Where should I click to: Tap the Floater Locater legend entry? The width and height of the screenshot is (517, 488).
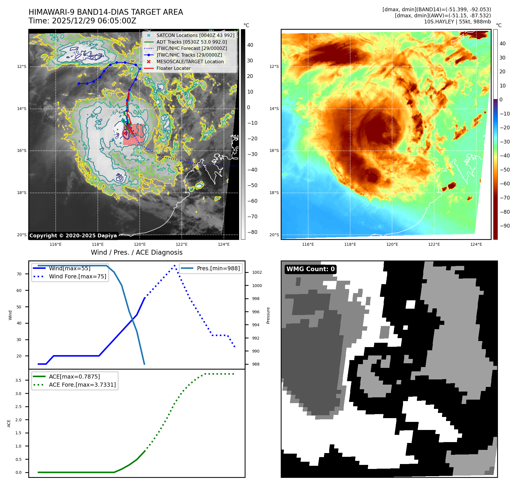[x=173, y=68]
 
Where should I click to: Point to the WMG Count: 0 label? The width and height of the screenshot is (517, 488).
[x=310, y=269]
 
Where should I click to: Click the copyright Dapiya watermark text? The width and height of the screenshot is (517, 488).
[x=73, y=236]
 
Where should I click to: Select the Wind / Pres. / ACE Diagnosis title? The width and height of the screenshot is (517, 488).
[x=136, y=252]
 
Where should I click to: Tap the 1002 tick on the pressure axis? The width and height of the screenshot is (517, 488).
[x=257, y=272]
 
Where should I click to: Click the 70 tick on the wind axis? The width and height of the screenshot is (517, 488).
[x=19, y=274]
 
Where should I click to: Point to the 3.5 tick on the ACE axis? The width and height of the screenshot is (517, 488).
[x=18, y=380]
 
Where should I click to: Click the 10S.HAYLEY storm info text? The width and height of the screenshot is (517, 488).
[x=457, y=22]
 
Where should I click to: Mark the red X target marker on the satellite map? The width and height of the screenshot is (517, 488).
[x=124, y=133]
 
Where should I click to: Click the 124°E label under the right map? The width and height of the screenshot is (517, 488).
[x=476, y=244]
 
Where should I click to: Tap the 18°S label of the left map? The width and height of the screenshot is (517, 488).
[x=22, y=193]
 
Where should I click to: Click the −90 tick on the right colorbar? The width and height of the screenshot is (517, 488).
[x=505, y=226]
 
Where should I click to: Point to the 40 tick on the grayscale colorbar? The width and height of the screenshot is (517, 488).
[x=250, y=45]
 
